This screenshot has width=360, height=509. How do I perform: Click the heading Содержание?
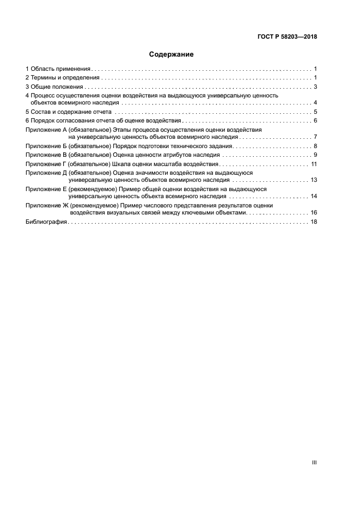pyautogui.click(x=171, y=54)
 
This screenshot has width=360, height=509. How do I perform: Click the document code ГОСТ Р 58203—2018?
pyautogui.click(x=287, y=37)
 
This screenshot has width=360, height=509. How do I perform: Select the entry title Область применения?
pyautogui.click(x=60, y=69)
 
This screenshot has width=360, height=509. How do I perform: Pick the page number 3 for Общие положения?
pyautogui.click(x=315, y=87)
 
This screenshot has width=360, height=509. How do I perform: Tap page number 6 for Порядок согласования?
pyautogui.click(x=315, y=120)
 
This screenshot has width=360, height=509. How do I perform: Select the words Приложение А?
pyautogui.click(x=46, y=130)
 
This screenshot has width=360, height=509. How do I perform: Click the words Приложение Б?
pyautogui.click(x=46, y=146)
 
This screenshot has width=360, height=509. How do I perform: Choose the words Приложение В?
pyautogui.click(x=46, y=155)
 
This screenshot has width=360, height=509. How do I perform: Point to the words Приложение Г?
pyautogui.click(x=46, y=164)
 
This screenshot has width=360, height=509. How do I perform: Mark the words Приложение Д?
pyautogui.click(x=46, y=173)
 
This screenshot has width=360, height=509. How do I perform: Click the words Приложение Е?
pyautogui.click(x=46, y=189)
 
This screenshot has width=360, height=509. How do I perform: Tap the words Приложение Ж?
pyautogui.click(x=46, y=205)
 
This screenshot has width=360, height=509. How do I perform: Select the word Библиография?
pyautogui.click(x=46, y=222)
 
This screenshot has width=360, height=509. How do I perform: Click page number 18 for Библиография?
pyautogui.click(x=314, y=222)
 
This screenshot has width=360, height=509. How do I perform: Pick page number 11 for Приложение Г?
pyautogui.click(x=314, y=164)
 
